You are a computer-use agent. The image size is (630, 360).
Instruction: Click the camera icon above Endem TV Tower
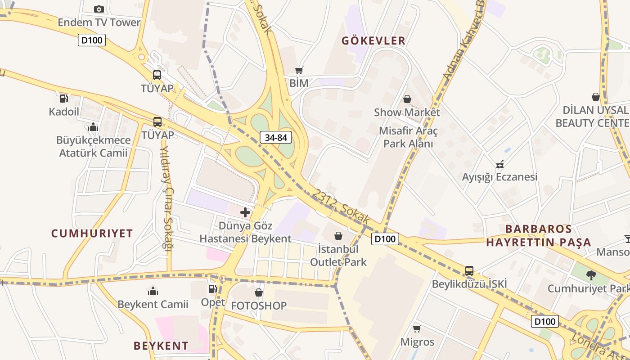click(x=99, y=9)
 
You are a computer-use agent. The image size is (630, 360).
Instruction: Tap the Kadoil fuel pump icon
click(x=64, y=98)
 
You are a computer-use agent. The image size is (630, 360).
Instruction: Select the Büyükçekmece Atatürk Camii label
click(x=94, y=147)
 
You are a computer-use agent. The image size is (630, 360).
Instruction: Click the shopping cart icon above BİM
click(x=299, y=70)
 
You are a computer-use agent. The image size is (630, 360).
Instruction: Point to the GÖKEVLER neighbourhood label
click(x=373, y=40)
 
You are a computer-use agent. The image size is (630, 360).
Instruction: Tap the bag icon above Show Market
click(x=407, y=99)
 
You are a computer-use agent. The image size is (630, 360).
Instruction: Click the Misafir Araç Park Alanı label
click(x=408, y=137)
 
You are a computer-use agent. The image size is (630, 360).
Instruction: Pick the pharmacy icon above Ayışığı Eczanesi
click(x=499, y=164)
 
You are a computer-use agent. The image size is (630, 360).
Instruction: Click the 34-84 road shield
click(x=276, y=138)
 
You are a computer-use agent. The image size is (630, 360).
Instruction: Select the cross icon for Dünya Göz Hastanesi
click(x=245, y=212)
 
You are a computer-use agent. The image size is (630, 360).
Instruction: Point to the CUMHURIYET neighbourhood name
click(x=92, y=233)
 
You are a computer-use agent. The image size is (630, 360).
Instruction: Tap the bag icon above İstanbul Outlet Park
click(x=338, y=236)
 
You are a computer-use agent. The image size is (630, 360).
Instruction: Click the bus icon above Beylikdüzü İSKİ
click(x=469, y=271)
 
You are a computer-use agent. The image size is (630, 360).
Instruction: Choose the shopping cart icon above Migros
click(x=417, y=329)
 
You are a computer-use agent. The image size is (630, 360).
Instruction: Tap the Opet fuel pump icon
click(x=212, y=289)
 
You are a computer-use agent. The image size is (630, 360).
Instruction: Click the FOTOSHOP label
click(x=259, y=306)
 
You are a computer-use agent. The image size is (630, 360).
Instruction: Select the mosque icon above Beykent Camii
click(x=153, y=292)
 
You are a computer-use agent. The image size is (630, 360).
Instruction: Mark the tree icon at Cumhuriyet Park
click(x=591, y=275)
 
